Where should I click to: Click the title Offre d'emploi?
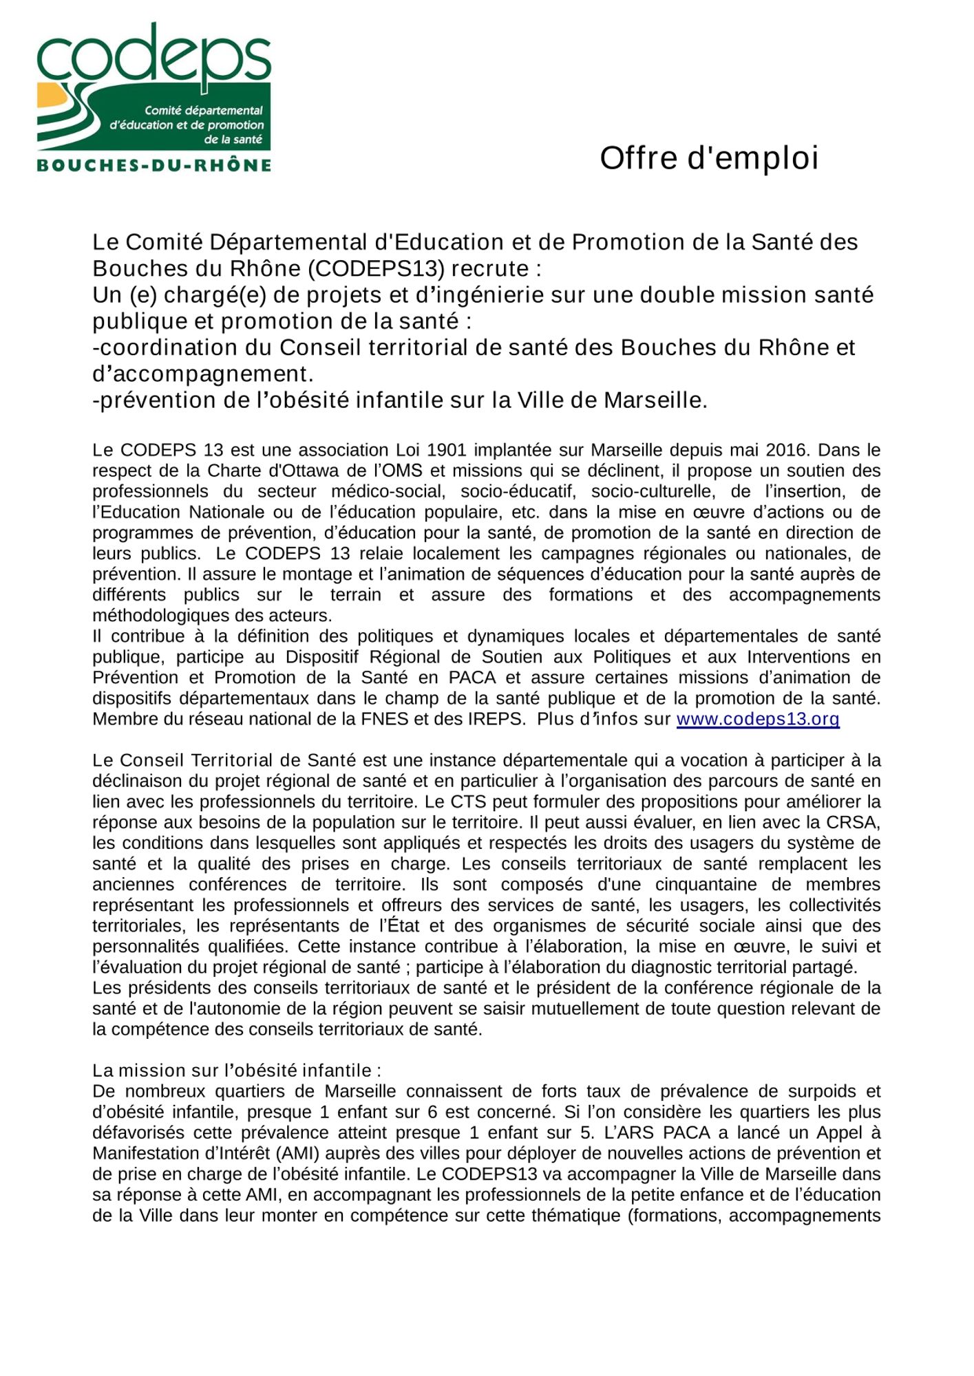[x=709, y=158]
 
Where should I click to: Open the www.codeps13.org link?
[x=758, y=720]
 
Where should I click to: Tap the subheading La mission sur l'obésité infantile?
[x=237, y=1071]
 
